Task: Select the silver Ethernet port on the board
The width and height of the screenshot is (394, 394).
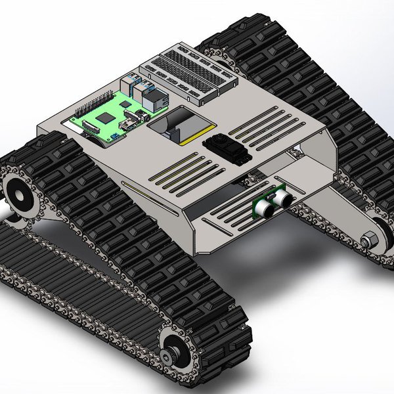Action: [158, 100]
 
